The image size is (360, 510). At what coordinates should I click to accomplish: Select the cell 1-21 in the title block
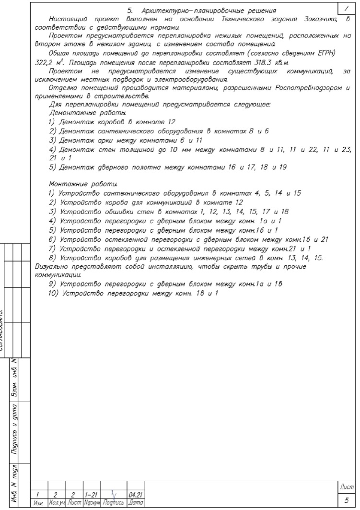(90, 495)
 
